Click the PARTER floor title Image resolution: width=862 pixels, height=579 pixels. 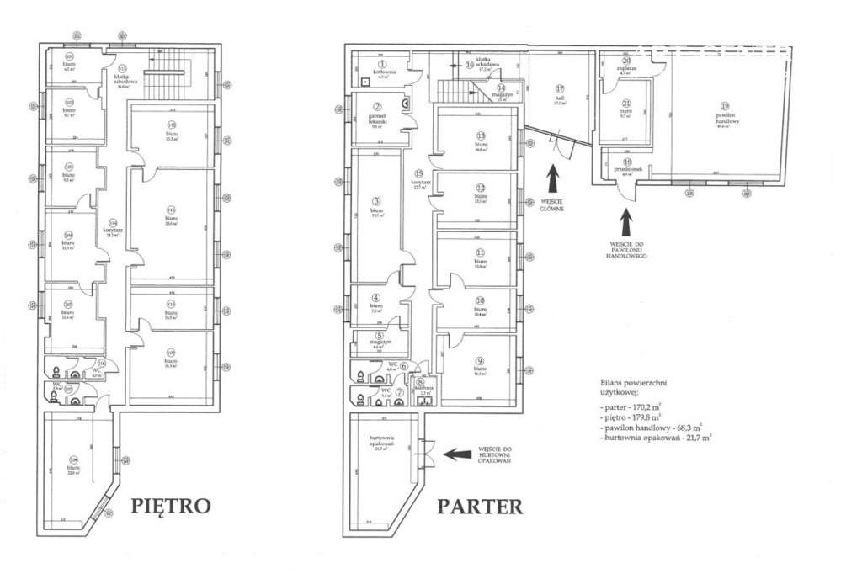click(x=479, y=506)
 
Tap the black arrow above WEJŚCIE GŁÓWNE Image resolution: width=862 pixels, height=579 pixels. click(x=553, y=181)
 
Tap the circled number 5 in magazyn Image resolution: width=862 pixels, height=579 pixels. click(x=378, y=336)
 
